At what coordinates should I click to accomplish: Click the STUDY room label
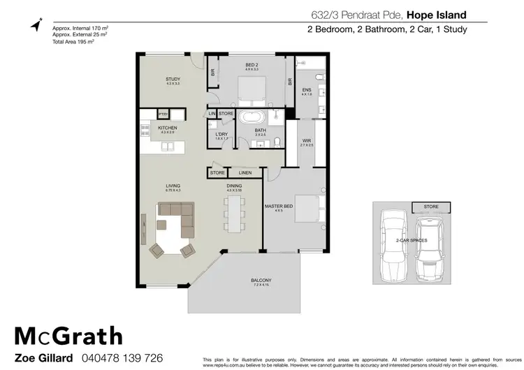coord(173,80)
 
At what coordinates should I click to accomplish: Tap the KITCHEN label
coord(167,128)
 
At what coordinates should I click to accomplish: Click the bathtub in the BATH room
coord(250,118)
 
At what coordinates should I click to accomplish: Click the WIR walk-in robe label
coord(306,140)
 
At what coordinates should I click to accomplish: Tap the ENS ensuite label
coord(306,90)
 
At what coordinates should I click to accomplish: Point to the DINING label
coord(234,186)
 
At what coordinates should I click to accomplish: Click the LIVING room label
coord(173,186)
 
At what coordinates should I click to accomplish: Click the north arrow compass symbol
coord(36,24)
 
